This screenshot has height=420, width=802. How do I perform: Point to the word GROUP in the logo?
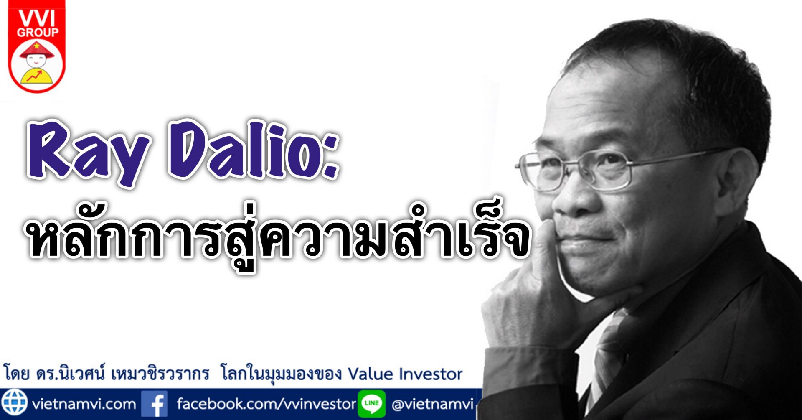pyautogui.click(x=38, y=33)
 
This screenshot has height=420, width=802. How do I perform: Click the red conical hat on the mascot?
pyautogui.click(x=37, y=50)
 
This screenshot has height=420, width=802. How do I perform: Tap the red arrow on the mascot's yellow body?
pyautogui.click(x=34, y=76)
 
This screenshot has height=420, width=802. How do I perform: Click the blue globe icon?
pyautogui.click(x=14, y=403)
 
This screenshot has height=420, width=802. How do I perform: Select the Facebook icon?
pyautogui.click(x=154, y=404)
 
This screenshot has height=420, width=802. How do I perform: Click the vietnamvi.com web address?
pyautogui.click(x=84, y=404)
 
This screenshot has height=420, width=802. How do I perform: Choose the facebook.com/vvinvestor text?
pyautogui.click(x=266, y=404)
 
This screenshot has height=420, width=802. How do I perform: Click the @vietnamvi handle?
pyautogui.click(x=433, y=404)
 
